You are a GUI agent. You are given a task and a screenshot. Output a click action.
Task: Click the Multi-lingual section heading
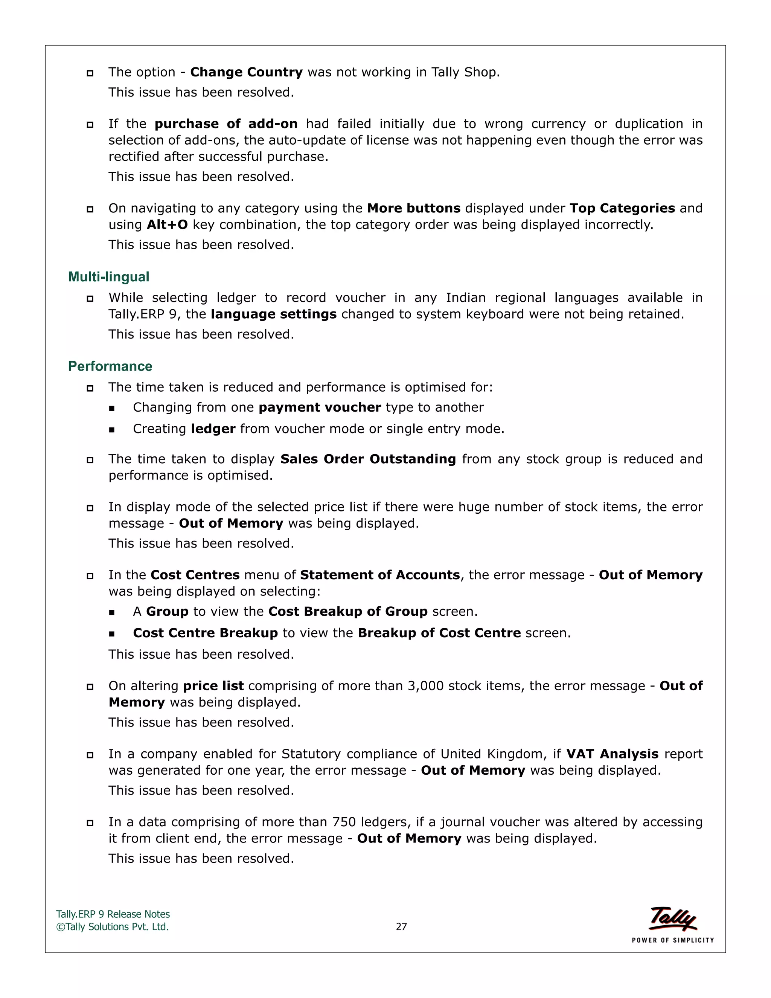pyautogui.click(x=109, y=277)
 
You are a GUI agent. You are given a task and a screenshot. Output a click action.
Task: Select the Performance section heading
pyautogui.click(x=110, y=366)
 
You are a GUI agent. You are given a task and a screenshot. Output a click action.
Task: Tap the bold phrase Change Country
pyautogui.click(x=246, y=72)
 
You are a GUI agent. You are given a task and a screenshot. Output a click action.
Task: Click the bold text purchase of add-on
pyautogui.click(x=226, y=124)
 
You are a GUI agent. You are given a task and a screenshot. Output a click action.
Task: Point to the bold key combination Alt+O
pyautogui.click(x=167, y=225)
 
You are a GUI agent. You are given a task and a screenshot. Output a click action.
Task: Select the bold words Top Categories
pyautogui.click(x=622, y=208)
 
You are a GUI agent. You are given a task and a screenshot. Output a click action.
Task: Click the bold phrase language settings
pyautogui.click(x=274, y=314)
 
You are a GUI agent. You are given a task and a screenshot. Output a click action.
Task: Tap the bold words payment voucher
pyautogui.click(x=320, y=407)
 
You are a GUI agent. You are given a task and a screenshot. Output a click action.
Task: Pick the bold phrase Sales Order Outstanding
pyautogui.click(x=368, y=459)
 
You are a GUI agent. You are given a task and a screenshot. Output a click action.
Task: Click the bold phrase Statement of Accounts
pyautogui.click(x=379, y=575)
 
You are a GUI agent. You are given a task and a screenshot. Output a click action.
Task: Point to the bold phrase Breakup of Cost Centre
pyautogui.click(x=439, y=633)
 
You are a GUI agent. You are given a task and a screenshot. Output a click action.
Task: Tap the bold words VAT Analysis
pyautogui.click(x=612, y=754)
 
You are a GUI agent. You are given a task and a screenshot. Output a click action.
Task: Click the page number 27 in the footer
pyautogui.click(x=401, y=927)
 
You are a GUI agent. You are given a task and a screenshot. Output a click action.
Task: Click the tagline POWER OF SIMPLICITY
pyautogui.click(x=672, y=940)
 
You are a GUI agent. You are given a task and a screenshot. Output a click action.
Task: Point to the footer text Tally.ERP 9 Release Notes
pyautogui.click(x=113, y=914)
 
